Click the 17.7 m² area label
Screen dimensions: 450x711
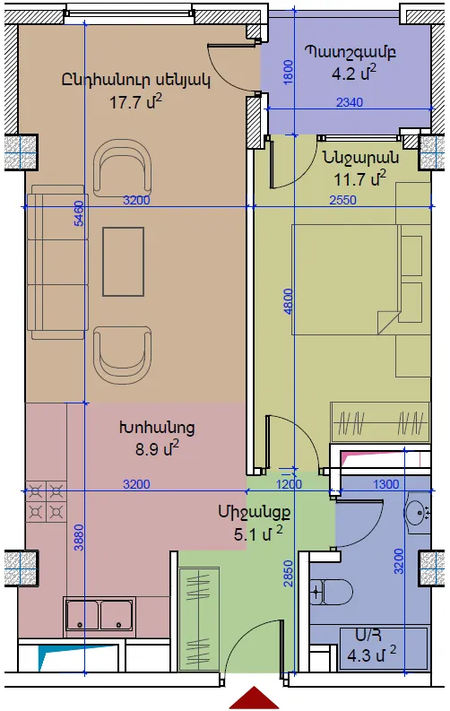pyautogui.click(x=135, y=101)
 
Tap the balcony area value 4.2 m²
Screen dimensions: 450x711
pyautogui.click(x=354, y=73)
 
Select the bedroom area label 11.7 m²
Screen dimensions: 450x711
pyautogui.click(x=359, y=178)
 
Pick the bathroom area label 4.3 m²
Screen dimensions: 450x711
pyautogui.click(x=372, y=655)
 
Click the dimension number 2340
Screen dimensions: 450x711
pyautogui.click(x=350, y=102)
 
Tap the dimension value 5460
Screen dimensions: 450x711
pyautogui.click(x=79, y=213)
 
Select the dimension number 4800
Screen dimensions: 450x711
pyautogui.click(x=288, y=301)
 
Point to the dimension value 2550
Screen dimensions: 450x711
pyautogui.click(x=342, y=200)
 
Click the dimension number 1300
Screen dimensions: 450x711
pyautogui.click(x=385, y=484)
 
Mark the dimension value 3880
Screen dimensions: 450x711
pyautogui.click(x=79, y=537)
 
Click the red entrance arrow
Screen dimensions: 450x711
pyautogui.click(x=254, y=698)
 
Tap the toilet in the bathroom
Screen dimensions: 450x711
pyautogui.click(x=332, y=592)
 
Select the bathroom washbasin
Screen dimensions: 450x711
pyautogui.click(x=418, y=513)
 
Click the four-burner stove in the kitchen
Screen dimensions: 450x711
pyautogui.click(x=46, y=501)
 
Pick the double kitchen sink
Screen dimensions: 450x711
pyautogui.click(x=100, y=614)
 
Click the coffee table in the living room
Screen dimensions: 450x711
pyautogui.click(x=124, y=262)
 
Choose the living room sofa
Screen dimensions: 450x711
pyautogui.click(x=57, y=262)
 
